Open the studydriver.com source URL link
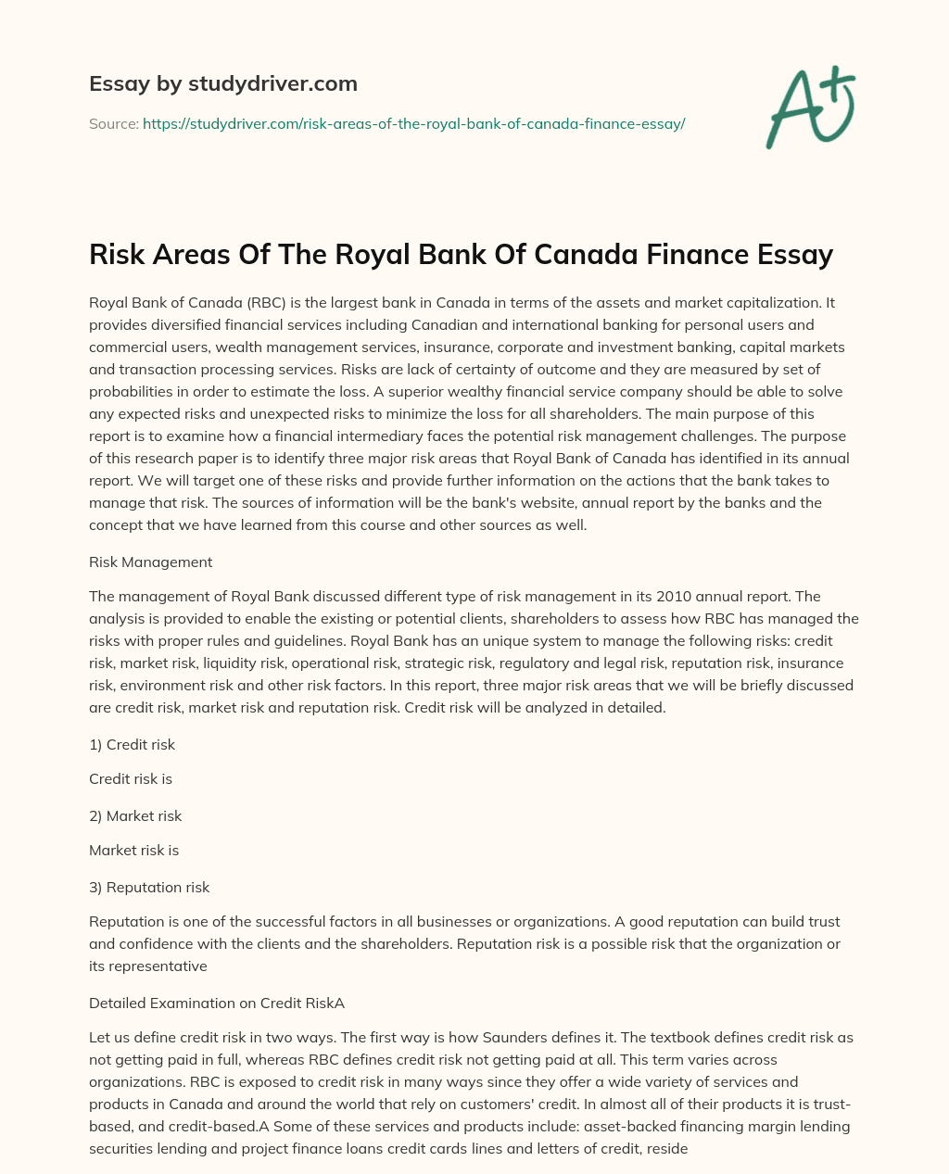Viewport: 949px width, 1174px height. pos(413,123)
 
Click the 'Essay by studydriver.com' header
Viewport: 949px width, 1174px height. pos(223,83)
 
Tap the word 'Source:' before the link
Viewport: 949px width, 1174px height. pos(113,123)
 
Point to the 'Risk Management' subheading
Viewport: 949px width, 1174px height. pos(150,562)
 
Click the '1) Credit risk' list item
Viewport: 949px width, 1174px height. pos(132,744)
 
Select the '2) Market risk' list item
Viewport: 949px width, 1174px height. pos(135,815)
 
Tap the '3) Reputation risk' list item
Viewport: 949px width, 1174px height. pos(149,887)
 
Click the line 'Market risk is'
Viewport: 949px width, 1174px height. pos(133,850)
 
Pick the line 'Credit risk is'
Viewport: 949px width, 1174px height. pos(131,778)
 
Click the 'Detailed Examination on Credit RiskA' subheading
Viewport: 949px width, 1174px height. pos(217,1002)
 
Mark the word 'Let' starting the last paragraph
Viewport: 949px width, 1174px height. pos(100,1037)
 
